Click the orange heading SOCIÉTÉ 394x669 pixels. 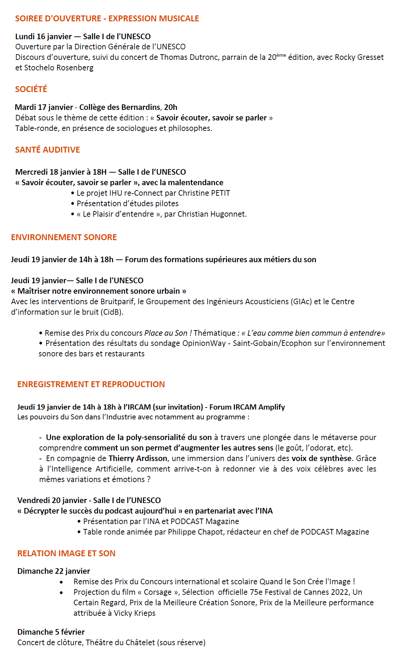[31, 89]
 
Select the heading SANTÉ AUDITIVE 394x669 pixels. [47, 150]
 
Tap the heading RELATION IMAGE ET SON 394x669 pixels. [66, 553]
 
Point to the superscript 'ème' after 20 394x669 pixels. [281, 55]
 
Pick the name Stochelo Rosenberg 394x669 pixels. [59, 68]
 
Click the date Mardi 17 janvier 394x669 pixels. [44, 107]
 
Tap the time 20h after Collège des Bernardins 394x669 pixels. [171, 107]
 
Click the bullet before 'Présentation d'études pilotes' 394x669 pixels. [72, 204]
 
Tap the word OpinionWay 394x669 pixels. [204, 343]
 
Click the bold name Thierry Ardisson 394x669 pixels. [138, 459]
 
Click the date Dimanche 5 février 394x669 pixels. [51, 632]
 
